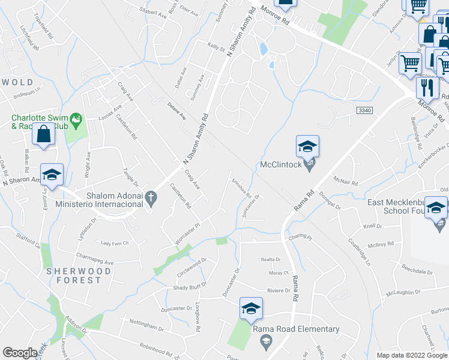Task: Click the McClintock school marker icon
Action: point(307,147)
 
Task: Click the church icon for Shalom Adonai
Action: point(151,197)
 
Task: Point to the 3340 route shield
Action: point(364,111)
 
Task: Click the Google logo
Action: point(20,353)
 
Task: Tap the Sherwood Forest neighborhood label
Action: point(79,275)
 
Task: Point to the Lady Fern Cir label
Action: point(114,243)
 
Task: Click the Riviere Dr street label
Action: point(279,290)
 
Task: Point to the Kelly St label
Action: point(215,47)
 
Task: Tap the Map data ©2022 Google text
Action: point(412,355)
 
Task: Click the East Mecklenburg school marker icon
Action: point(436,208)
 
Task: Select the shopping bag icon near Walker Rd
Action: point(44,134)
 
